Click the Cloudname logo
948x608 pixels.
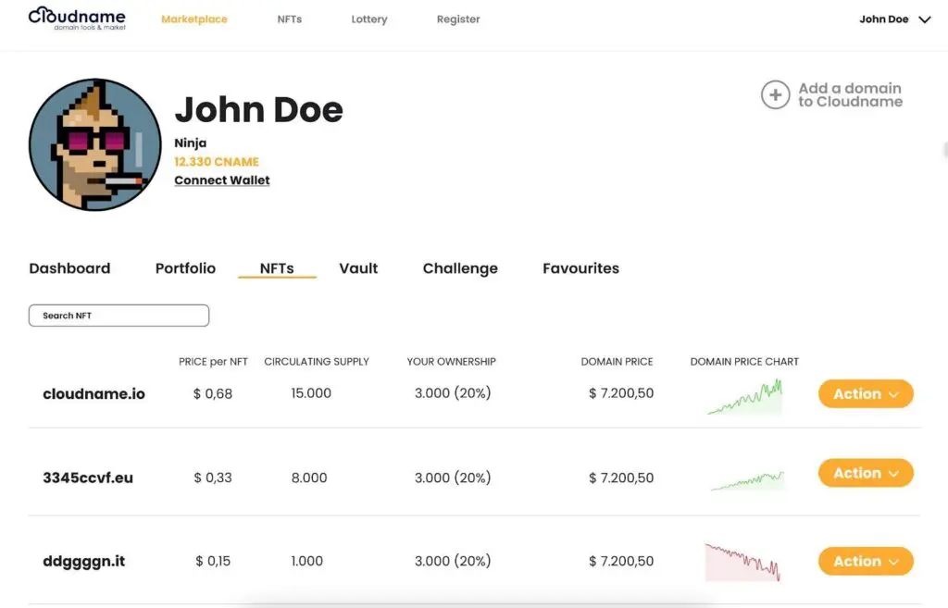(77, 18)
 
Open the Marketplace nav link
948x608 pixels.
(193, 19)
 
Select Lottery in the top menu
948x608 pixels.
(368, 19)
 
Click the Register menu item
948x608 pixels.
(458, 19)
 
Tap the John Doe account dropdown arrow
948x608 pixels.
(924, 19)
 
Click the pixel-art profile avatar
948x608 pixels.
(89, 144)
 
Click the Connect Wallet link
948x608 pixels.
(222, 180)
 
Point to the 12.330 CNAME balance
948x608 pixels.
(217, 162)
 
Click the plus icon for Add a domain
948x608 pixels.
(775, 94)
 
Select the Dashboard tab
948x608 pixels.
(69, 268)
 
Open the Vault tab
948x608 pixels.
(358, 268)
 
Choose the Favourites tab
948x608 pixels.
(580, 268)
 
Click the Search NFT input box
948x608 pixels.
(118, 316)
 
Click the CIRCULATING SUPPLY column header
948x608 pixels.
(317, 362)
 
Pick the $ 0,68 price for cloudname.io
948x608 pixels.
(213, 393)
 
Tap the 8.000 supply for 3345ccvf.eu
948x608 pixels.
(309, 478)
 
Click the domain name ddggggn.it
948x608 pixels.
(82, 562)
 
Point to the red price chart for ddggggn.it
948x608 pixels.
(742, 562)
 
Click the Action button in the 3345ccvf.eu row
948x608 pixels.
(866, 473)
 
